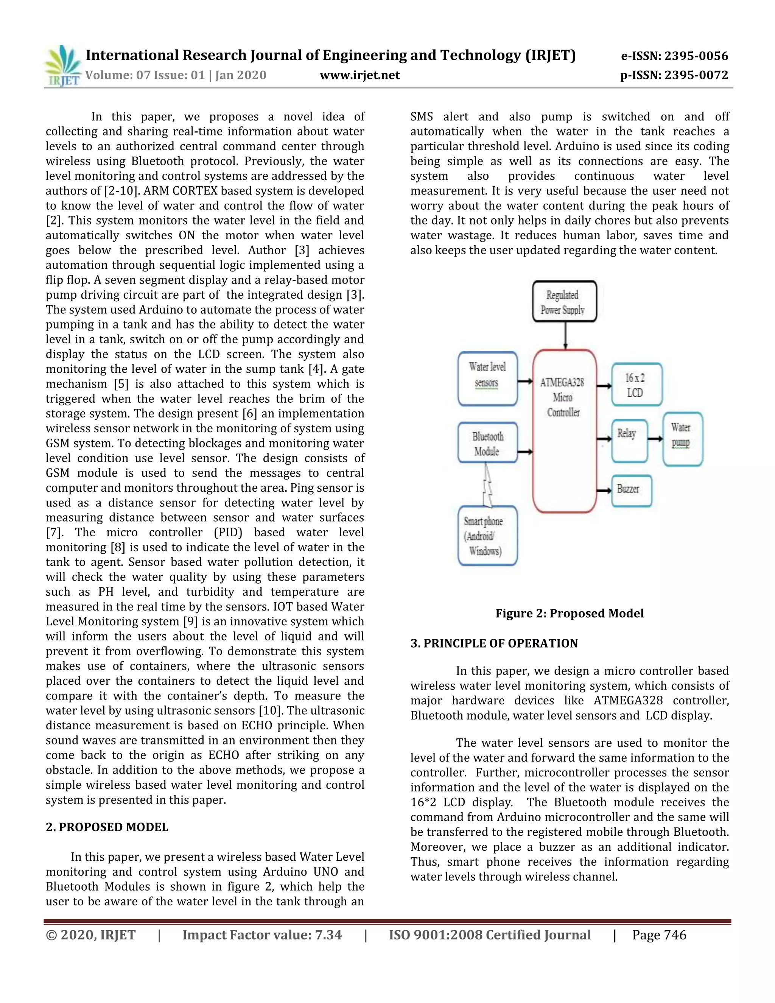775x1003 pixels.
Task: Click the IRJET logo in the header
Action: coord(62,66)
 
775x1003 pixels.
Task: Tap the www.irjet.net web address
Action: coord(359,75)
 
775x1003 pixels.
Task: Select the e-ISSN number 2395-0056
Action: coord(674,56)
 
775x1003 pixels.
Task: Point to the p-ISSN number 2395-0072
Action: coord(674,75)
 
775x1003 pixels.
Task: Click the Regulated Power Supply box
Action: coord(564,302)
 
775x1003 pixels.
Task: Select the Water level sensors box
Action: coord(487,378)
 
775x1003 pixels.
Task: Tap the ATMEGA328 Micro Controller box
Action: coord(564,430)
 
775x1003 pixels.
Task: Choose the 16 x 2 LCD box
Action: coord(636,385)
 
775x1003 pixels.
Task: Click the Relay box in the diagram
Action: coord(629,440)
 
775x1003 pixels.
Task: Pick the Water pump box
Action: coord(682,439)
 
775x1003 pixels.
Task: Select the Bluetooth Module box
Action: coord(487,443)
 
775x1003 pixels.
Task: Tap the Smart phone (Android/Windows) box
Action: coord(487,536)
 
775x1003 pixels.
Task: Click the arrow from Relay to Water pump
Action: coord(655,439)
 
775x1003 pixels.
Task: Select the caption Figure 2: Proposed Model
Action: coord(569,613)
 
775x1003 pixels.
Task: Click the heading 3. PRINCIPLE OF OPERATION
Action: coord(494,643)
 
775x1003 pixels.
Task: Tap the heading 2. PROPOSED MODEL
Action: coord(107,827)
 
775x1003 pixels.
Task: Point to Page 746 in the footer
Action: coord(659,935)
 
